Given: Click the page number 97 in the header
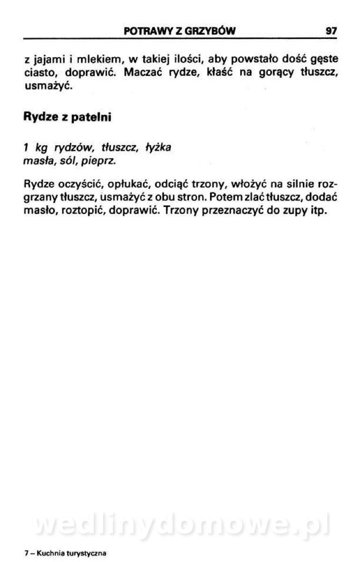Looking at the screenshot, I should [x=331, y=31].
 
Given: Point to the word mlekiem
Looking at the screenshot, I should [x=98, y=60].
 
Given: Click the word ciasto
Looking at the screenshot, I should [x=40, y=74].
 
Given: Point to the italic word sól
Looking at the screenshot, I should [x=74, y=162].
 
